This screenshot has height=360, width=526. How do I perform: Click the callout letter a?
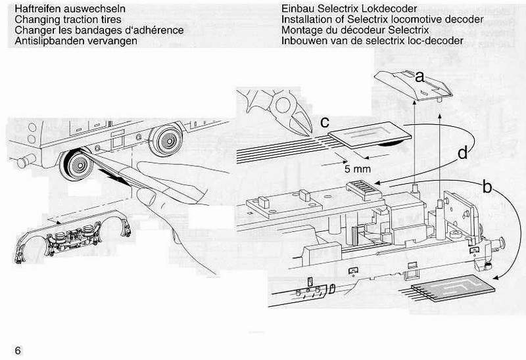[419, 78]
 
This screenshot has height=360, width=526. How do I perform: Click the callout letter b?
[487, 187]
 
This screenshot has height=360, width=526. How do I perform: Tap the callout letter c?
[324, 122]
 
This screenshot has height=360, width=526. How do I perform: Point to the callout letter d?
[463, 154]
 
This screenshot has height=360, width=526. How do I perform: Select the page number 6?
[18, 349]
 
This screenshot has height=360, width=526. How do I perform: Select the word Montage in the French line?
[301, 31]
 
